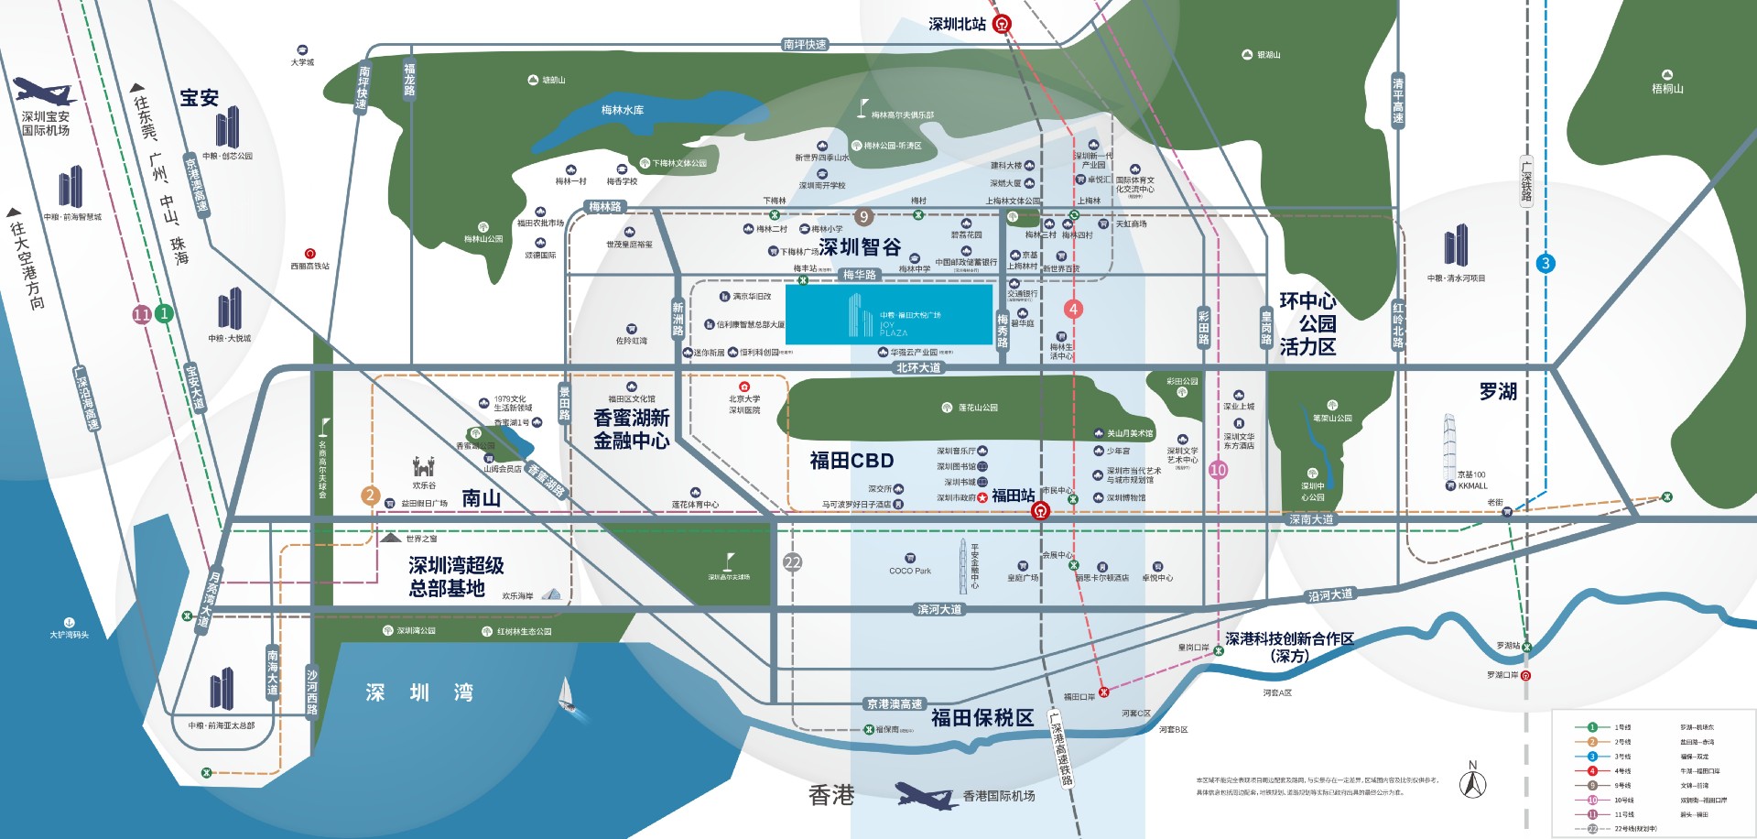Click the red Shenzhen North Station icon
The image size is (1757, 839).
[x=1002, y=25]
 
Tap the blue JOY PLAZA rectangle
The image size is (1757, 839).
[x=889, y=314]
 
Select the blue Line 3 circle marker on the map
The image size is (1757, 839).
[x=1546, y=264]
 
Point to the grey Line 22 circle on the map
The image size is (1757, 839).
[x=793, y=563]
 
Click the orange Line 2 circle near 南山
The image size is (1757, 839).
[x=370, y=496]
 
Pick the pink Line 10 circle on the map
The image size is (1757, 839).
[x=1218, y=470]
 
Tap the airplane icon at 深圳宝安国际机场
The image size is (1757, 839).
[x=43, y=92]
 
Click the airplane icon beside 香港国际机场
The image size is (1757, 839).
[x=926, y=795]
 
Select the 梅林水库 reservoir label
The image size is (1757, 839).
[x=623, y=110]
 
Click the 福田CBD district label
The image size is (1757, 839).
[x=851, y=461]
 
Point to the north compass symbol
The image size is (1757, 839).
[x=1472, y=782]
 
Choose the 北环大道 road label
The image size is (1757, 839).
[x=918, y=368]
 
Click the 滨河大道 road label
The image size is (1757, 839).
[x=939, y=610]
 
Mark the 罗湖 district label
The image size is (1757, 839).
[x=1498, y=392]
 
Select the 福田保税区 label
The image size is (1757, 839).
[x=982, y=718]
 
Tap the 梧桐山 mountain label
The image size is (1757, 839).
[x=1667, y=89]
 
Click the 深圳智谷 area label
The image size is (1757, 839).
[x=860, y=247]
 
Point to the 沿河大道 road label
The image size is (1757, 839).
[x=1330, y=595]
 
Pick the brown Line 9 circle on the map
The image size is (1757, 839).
[x=862, y=217]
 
